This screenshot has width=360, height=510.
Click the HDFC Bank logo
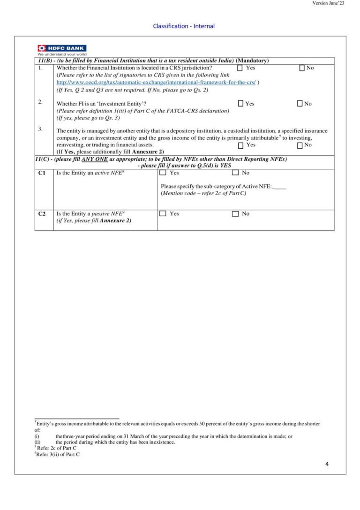click(61, 48)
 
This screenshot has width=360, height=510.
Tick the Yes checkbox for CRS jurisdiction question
click(240, 68)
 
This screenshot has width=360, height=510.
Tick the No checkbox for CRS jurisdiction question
click(302, 68)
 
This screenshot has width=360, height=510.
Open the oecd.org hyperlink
click(156, 82)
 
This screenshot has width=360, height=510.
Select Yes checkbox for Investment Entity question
click(240, 104)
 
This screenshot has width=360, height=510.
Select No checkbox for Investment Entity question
click(300, 104)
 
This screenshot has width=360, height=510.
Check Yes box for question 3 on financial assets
click(240, 145)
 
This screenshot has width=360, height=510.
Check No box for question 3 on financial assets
click(300, 145)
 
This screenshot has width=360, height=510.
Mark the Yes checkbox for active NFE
click(163, 173)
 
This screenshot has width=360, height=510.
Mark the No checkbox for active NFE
click(235, 173)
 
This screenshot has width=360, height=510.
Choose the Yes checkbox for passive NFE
click(163, 214)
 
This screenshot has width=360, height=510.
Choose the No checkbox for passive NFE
click(235, 214)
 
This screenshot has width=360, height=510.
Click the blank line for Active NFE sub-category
click(279, 187)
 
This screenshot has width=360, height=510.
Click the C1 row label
click(42, 173)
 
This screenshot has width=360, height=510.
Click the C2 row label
click(42, 214)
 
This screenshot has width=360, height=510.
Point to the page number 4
click(327, 464)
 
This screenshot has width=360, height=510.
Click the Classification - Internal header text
click(184, 26)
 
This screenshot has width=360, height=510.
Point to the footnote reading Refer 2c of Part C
click(57, 448)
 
